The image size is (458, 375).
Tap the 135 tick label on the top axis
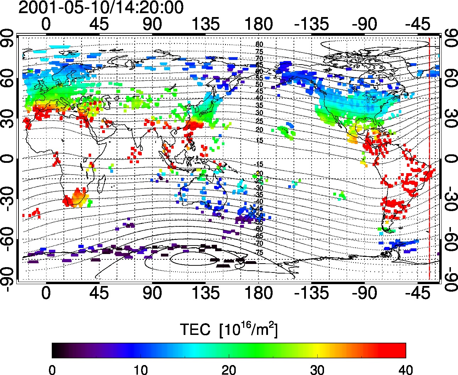click(205, 24)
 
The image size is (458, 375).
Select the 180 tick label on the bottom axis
click(258, 293)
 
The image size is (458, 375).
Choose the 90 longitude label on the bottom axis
click(152, 293)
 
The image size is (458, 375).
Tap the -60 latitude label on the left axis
click(8, 239)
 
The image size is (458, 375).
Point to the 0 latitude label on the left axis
click(8, 159)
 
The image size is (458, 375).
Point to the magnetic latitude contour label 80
click(259, 45)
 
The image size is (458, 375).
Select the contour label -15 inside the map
click(259, 164)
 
